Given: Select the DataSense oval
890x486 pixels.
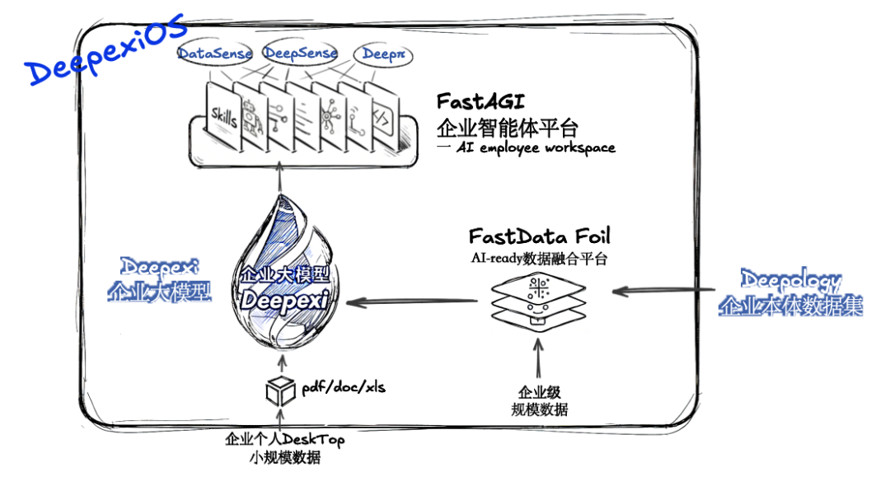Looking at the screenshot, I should pos(215,54).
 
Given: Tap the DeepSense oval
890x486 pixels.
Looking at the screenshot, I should pos(300,54).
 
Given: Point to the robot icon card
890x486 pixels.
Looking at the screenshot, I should pos(251,119).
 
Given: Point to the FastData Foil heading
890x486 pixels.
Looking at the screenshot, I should pos(540,236).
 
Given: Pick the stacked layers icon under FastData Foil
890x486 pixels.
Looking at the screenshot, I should pos(538,301).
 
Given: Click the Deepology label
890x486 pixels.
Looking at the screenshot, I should pos(790,280).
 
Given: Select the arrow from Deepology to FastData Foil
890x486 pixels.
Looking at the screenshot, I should pos(664,290).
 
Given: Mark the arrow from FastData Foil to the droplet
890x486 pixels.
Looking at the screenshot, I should pos(412,302).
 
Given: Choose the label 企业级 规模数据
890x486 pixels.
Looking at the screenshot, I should pos(539,401).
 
